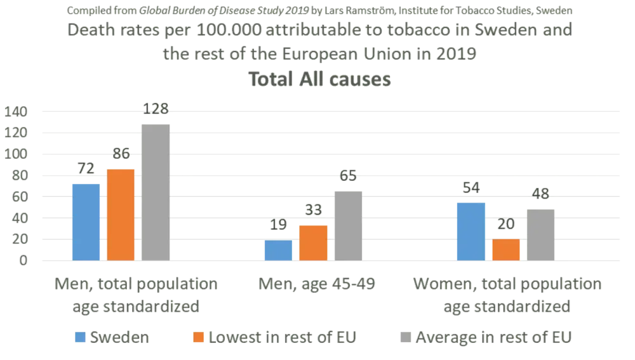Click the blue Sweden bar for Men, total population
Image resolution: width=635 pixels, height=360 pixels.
click(x=86, y=222)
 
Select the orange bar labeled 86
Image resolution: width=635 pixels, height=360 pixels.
click(x=121, y=214)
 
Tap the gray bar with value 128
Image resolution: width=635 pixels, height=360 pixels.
click(x=156, y=192)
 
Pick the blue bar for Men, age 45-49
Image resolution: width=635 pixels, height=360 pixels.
click(x=279, y=250)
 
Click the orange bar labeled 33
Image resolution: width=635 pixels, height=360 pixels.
click(x=314, y=243)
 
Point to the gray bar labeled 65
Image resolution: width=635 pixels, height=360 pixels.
click(x=349, y=225)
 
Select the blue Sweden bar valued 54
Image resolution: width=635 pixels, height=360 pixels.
click(x=471, y=231)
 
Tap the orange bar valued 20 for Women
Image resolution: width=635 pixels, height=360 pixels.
click(x=506, y=250)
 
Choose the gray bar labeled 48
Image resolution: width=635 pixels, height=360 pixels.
click(x=542, y=234)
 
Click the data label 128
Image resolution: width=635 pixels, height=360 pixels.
click(x=156, y=109)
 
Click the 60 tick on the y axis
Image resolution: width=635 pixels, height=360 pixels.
click(x=20, y=197)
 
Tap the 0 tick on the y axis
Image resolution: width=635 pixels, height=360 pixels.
click(x=24, y=260)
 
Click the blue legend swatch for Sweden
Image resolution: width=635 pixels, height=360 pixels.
click(x=80, y=337)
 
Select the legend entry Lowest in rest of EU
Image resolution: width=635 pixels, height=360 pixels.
click(x=272, y=337)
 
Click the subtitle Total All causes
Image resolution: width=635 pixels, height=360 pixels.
click(x=317, y=80)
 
